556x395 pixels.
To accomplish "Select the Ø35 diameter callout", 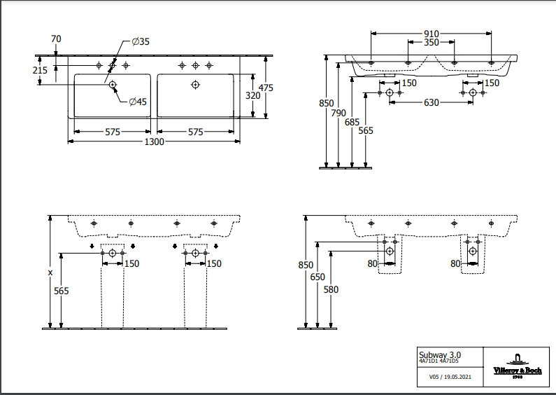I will tap(141, 42).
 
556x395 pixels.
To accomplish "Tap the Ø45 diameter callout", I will tap(138, 102).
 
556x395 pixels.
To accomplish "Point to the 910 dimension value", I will tap(431, 34).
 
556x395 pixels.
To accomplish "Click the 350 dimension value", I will tap(431, 43).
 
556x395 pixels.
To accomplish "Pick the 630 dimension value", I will tap(431, 103).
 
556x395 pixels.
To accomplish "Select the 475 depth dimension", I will tap(265, 88).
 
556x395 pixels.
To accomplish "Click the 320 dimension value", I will tap(252, 95).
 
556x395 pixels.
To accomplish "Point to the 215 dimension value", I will tap(40, 70).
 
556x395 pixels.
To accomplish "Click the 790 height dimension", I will tap(338, 113).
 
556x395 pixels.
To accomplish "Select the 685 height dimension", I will tap(352, 121).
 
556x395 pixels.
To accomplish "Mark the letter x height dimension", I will tap(50, 272).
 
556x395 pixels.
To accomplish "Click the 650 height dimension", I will tap(318, 277).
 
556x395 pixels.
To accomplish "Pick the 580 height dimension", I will tap(331, 289).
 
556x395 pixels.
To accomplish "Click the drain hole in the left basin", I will tap(113, 85).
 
